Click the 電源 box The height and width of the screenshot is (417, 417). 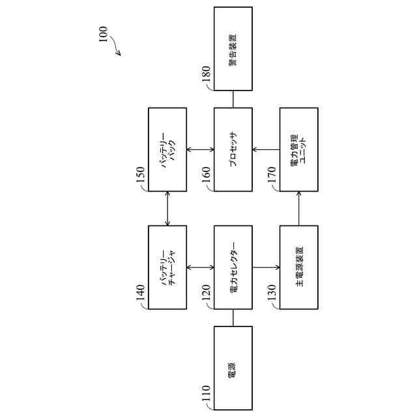click(233, 367)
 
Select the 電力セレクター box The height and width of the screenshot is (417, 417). click(233, 267)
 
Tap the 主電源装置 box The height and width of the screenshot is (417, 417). click(298, 267)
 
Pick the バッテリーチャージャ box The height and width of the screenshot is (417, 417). click(167, 267)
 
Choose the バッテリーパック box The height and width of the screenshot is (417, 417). click(167, 149)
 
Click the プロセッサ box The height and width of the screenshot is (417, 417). click(233, 149)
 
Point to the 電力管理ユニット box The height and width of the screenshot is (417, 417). click(298, 149)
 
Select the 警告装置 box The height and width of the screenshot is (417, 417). click(233, 49)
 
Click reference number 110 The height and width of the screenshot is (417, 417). click(205, 396)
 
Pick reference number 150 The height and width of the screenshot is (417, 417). click(140, 179)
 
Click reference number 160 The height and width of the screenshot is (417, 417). click(205, 179)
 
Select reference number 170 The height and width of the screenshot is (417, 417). click(271, 179)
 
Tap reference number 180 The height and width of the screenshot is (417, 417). click(205, 78)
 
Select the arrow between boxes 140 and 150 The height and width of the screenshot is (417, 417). click(167, 208)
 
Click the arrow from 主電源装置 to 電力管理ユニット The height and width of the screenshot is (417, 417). click(298, 208)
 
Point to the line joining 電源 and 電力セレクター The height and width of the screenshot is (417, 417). click(233, 317)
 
